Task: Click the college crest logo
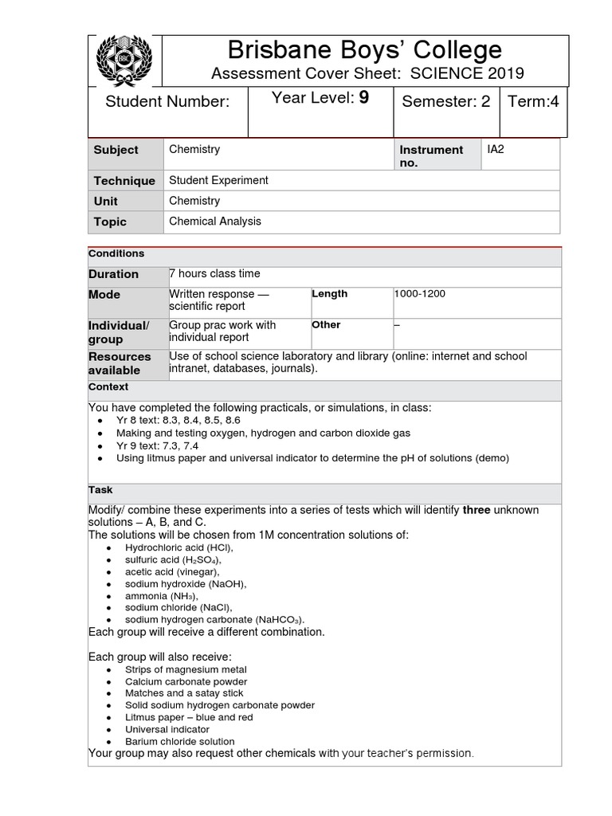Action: (122, 60)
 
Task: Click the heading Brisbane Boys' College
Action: (365, 50)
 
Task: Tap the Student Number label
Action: (167, 101)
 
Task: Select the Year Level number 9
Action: (363, 98)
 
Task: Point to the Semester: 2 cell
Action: (445, 101)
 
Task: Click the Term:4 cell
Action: (532, 101)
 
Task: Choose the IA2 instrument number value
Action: (496, 149)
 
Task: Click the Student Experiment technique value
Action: (218, 180)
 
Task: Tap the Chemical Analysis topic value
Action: (214, 222)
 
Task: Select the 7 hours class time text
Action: (214, 274)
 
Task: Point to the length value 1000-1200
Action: (420, 294)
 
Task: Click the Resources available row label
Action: (120, 363)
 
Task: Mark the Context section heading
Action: (108, 387)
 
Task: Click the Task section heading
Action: (100, 491)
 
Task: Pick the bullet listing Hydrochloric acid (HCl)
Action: (179, 548)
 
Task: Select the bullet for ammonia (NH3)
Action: (162, 596)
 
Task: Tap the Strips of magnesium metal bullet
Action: (186, 670)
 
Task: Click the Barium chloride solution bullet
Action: (180, 741)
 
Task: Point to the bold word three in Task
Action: (478, 510)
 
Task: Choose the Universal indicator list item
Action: (167, 729)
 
